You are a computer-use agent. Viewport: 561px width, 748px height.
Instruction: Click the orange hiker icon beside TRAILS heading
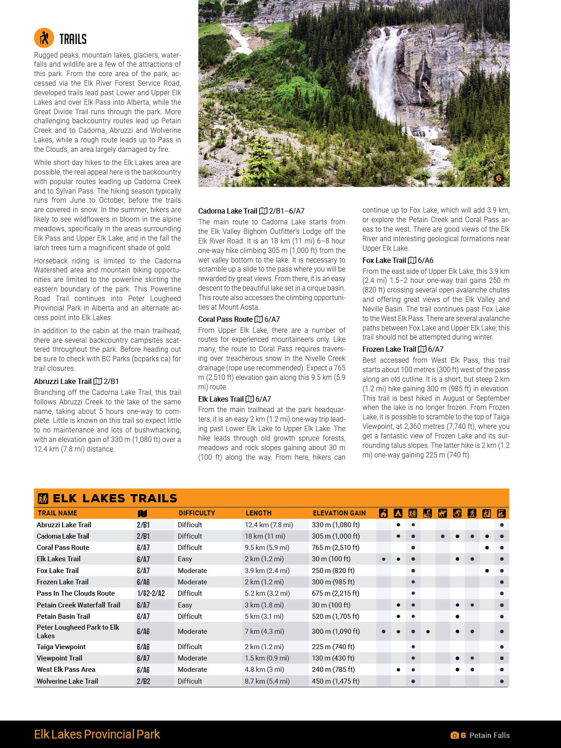coord(44,38)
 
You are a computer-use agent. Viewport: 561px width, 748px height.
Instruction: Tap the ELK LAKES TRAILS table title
coord(115,498)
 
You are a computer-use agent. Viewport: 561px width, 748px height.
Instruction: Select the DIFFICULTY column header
coord(197,513)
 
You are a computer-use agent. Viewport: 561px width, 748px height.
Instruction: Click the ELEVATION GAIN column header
coord(339,513)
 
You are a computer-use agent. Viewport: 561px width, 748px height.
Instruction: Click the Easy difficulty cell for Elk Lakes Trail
coord(185,559)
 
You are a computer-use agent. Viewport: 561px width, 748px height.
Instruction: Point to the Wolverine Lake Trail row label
coord(67,681)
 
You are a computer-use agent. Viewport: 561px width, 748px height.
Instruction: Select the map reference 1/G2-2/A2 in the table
coord(150,593)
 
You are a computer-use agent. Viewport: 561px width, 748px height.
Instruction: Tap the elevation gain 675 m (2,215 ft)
coord(335,593)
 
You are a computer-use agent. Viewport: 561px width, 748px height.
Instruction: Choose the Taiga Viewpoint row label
coord(61,647)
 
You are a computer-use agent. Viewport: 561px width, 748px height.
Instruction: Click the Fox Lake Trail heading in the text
coord(384,260)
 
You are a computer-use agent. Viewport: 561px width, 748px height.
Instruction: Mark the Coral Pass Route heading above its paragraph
coord(225,319)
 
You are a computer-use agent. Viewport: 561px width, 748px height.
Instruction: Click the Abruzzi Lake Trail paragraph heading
coord(63,381)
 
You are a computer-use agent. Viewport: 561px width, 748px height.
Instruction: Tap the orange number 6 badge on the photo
coord(498,178)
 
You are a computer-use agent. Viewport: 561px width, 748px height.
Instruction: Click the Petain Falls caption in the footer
coord(489,735)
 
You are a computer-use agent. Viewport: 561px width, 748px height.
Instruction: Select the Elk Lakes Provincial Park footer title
coord(97,734)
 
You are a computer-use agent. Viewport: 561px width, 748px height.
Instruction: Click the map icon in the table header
coord(142,513)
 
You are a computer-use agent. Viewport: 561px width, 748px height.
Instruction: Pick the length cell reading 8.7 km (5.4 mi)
coord(267,681)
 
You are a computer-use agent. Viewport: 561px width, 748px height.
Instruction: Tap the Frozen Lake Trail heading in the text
coord(389,349)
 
